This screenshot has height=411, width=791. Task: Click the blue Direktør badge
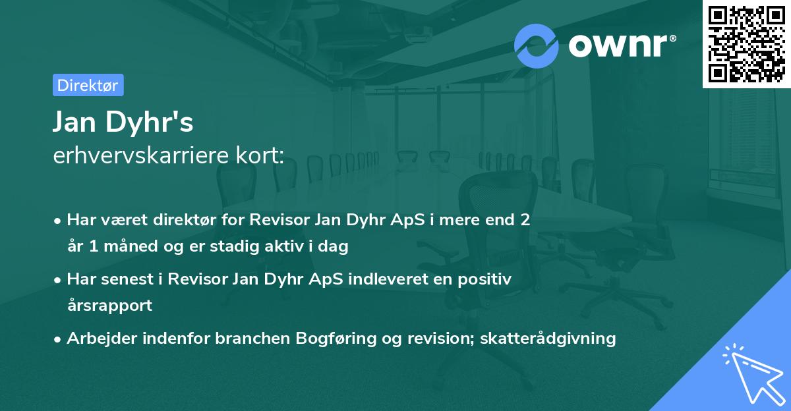point(88,85)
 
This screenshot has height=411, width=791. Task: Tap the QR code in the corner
point(746,43)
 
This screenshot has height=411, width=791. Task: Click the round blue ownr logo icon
point(537,45)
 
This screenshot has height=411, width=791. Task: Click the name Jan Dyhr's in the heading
point(123,122)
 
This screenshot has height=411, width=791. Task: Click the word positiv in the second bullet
point(482,279)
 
